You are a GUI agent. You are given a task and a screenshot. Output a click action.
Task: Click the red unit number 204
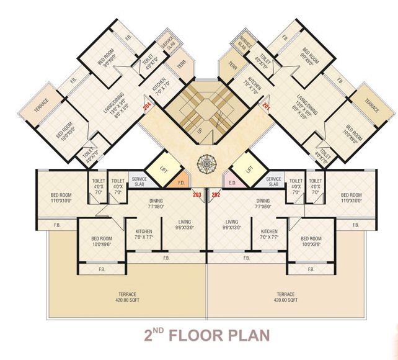147,106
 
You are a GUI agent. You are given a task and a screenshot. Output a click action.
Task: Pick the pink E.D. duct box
233,183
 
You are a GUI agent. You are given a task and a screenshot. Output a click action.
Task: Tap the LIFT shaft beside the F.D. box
163,168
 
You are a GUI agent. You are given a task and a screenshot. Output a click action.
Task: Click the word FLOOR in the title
199,336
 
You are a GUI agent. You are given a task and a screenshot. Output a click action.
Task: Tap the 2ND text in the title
152,335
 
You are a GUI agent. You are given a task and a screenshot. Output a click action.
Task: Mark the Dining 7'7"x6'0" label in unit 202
263,204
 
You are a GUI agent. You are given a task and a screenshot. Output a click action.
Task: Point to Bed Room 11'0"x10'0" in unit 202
351,198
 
